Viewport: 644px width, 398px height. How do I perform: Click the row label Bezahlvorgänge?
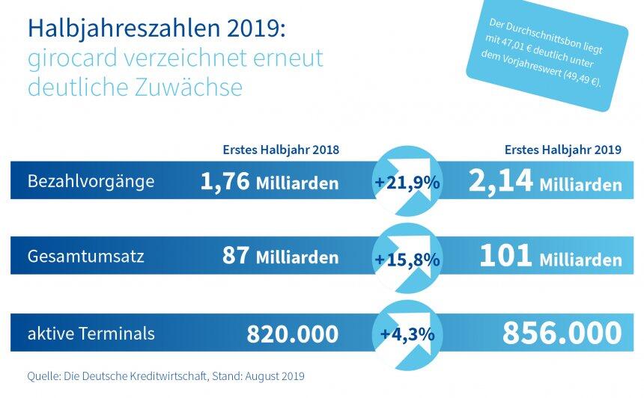(91, 182)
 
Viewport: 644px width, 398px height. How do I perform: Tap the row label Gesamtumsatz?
(85, 257)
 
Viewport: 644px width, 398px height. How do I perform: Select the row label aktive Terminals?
(91, 333)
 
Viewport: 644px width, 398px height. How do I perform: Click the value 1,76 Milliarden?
(270, 182)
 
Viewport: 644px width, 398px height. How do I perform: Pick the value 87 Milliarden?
(280, 257)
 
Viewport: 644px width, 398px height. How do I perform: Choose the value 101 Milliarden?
(550, 257)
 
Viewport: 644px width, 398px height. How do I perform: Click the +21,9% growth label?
(407, 183)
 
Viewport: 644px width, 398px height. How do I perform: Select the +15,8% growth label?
(407, 258)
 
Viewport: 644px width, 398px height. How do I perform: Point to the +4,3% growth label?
(407, 334)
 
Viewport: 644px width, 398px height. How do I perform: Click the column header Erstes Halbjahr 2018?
(281, 150)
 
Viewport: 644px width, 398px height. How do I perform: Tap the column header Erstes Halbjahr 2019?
(563, 150)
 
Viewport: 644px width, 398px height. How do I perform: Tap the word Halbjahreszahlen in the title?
(112, 30)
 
